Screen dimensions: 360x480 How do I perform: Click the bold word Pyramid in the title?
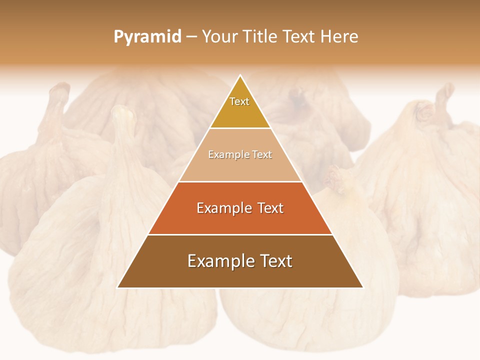tap(147, 37)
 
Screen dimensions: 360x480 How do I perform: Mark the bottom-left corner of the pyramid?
tap(118, 287)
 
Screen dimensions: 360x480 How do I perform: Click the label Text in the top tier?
tap(239, 101)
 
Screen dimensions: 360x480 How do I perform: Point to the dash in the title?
tap(191, 37)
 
